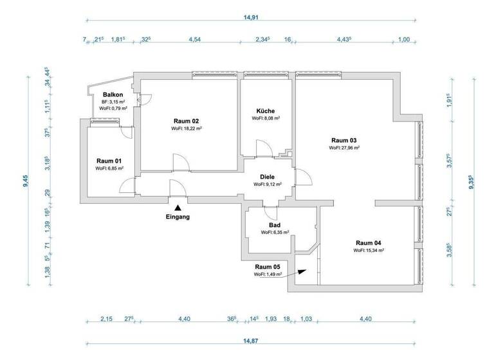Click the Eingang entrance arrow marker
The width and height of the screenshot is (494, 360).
tap(178, 207)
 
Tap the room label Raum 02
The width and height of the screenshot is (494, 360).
tap(187, 121)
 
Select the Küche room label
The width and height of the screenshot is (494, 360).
tap(266, 111)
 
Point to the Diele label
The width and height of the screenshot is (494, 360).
tap(268, 177)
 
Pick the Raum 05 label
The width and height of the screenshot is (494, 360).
tap(268, 267)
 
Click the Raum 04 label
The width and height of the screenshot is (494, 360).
tap(369, 243)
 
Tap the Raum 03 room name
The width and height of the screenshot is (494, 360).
tap(344, 140)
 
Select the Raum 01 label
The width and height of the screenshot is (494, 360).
tap(109, 161)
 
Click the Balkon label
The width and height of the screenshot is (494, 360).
tap(113, 94)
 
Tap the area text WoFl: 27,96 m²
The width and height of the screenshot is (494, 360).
tap(344, 148)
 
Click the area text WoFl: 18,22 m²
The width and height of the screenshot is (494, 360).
tap(187, 129)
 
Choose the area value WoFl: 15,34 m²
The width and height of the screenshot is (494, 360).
tap(369, 251)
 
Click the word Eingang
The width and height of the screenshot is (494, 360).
tap(178, 217)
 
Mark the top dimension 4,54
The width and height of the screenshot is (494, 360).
tap(194, 40)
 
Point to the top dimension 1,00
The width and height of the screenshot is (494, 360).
tap(404, 40)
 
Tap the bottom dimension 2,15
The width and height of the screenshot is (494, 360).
tap(106, 319)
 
